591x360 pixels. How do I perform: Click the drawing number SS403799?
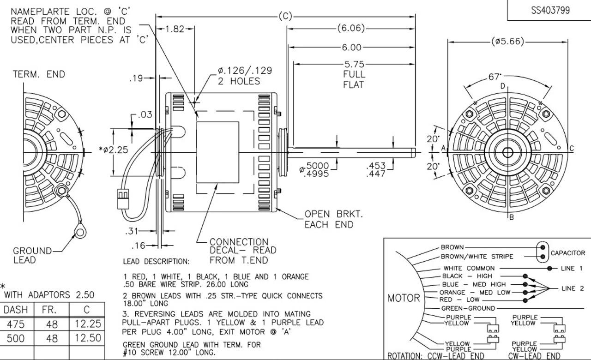pos(550,10)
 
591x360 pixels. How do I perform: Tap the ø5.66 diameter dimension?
pos(508,42)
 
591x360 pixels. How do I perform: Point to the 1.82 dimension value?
pos(175,29)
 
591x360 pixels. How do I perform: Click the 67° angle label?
pos(495,77)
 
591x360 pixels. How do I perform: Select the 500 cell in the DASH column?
pos(16,338)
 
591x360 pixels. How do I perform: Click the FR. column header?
pos(49,309)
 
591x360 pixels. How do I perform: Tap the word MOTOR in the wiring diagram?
pos(404,298)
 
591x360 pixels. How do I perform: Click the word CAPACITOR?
pos(568,253)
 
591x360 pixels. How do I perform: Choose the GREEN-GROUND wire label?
pos(468,308)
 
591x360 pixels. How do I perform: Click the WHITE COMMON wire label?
pos(469,268)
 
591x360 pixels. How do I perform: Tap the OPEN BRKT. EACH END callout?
pos(328,219)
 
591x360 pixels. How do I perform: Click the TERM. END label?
pos(39,74)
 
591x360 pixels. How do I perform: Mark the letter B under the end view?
pos(511,217)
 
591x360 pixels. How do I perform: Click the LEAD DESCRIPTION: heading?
pos(156,262)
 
